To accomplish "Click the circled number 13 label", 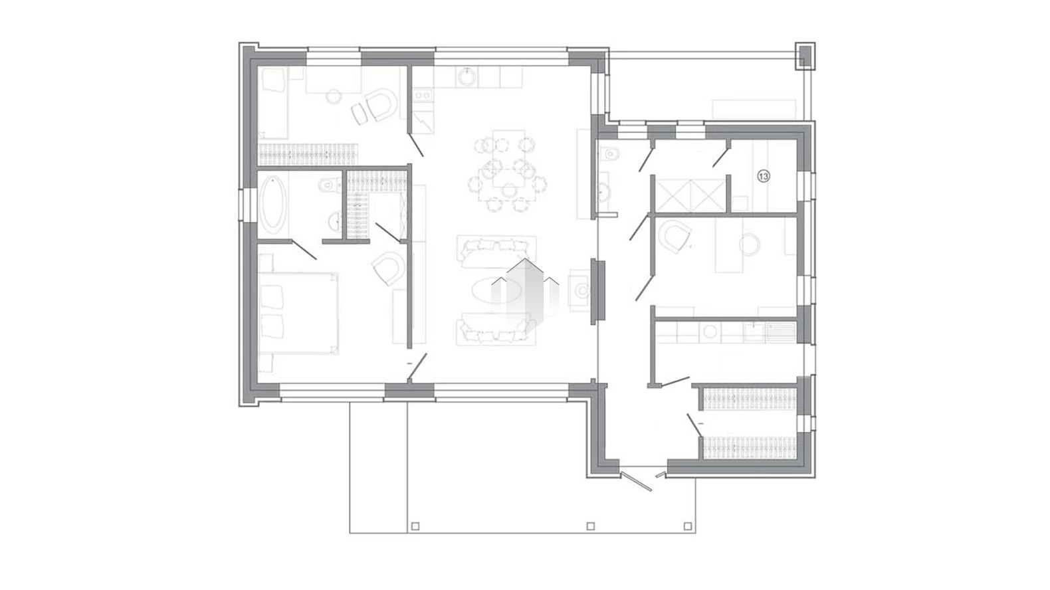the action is [764, 176].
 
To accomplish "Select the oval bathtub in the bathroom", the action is [273, 205].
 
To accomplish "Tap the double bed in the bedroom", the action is [298, 313].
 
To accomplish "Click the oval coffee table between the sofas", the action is [496, 291].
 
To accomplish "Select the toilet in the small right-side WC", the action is [609, 153].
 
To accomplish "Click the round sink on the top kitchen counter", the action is [467, 77].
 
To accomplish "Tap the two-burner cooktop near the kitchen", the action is [423, 95].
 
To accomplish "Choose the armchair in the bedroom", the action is [387, 268].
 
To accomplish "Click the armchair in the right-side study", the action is [674, 237].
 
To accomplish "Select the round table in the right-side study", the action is [749, 245].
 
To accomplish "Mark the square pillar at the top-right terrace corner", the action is [805, 56].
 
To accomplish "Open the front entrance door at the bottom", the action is [636, 482].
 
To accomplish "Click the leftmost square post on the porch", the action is [415, 526].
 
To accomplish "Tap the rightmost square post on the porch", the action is [688, 526].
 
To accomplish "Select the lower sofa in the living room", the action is [496, 329].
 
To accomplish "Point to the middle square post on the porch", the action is [591, 526].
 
